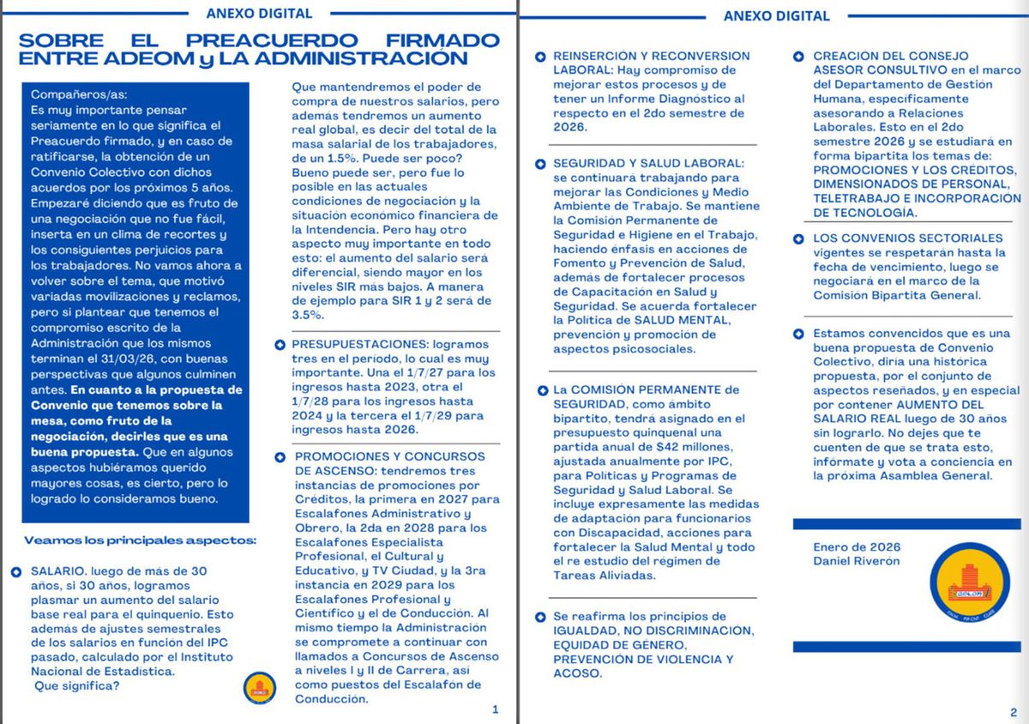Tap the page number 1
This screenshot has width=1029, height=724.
click(495, 709)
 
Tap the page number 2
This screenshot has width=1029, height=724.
click(1013, 712)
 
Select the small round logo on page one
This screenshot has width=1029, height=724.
click(259, 688)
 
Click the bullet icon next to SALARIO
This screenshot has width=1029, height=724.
click(17, 571)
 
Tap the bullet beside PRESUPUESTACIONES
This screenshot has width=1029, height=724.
click(280, 345)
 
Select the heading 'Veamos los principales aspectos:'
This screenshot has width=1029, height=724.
click(139, 540)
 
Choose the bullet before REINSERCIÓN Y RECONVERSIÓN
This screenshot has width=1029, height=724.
click(540, 57)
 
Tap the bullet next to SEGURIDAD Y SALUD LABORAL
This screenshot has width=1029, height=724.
click(540, 164)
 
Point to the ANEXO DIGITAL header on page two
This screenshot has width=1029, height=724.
click(776, 15)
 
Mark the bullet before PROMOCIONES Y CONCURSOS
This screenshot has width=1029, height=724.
click(280, 457)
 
